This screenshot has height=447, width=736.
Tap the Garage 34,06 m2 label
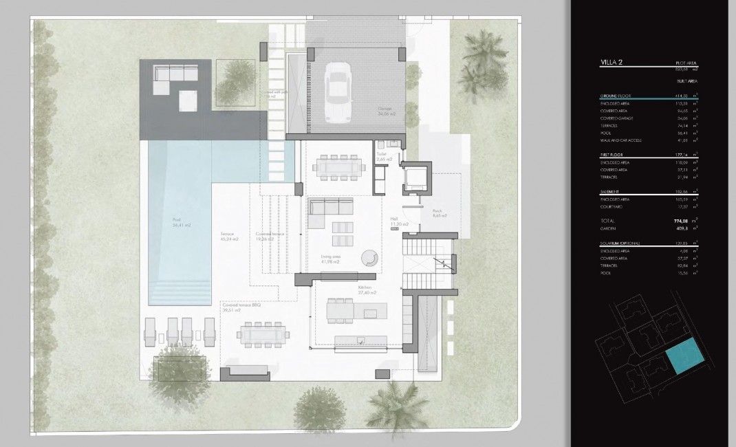[387, 111]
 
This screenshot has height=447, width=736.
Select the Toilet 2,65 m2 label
[385, 157]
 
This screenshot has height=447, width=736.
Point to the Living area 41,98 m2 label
[332, 259]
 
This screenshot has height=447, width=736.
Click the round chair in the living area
[369, 258]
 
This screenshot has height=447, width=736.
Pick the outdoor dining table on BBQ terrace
[264, 335]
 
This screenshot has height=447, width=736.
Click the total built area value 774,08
[680, 221]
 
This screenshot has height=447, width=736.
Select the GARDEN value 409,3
[681, 228]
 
